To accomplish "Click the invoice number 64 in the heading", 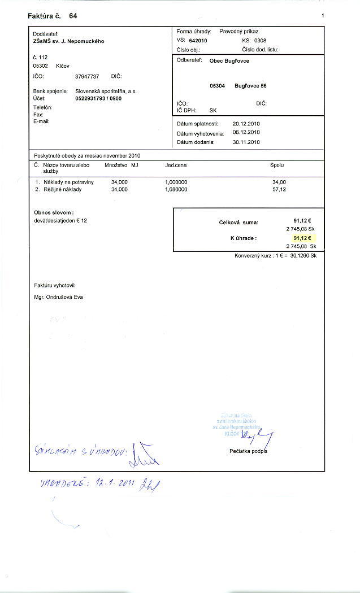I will point(73,16).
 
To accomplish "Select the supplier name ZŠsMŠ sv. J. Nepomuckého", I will point(68,41).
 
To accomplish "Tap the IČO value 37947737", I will point(87,76).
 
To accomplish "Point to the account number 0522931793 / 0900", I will point(98,98).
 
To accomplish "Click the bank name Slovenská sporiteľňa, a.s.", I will point(106,91).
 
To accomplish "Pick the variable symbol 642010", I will point(198,41).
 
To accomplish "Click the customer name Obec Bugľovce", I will point(229,60).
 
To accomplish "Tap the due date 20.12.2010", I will point(246,124).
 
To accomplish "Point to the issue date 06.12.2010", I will point(246,133).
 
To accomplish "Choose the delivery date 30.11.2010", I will point(246,142).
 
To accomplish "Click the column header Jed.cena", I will point(176,165).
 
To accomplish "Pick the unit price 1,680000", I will point(176,190).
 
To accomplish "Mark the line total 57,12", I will point(279,190).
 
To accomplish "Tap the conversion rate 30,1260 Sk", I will point(303,256).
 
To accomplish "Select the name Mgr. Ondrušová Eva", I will point(59,297).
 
